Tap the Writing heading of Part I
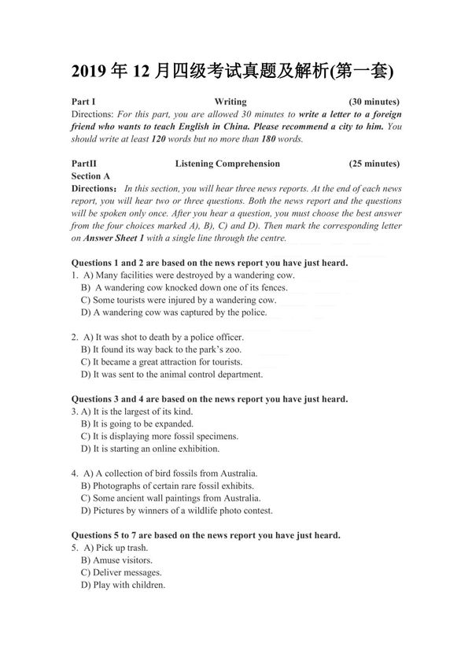point(230,102)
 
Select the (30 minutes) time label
point(374,102)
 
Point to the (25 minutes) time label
point(374,164)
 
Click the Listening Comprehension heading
point(227,164)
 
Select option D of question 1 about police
point(174,312)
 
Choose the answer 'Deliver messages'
point(121,572)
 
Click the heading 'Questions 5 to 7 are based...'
point(205,535)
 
